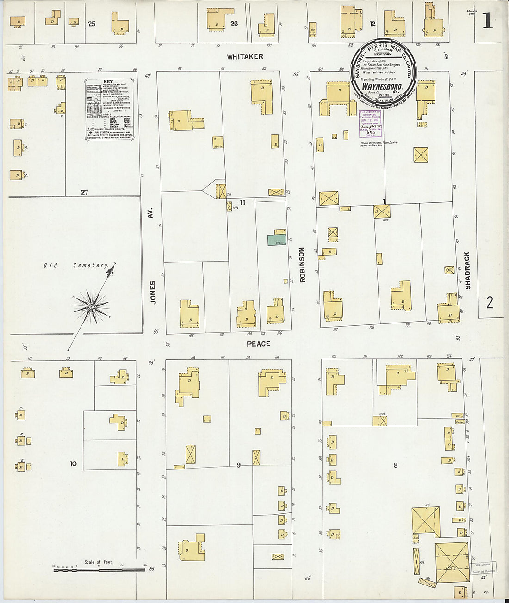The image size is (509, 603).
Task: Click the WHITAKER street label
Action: (x=245, y=56)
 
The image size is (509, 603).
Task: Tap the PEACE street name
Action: (x=258, y=344)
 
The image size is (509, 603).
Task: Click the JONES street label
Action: (x=153, y=292)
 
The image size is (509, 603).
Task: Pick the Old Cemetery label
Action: (x=76, y=266)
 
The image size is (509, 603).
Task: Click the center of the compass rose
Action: (x=92, y=306)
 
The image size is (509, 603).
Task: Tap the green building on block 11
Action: (x=276, y=240)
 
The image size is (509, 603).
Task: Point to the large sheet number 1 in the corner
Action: (x=488, y=21)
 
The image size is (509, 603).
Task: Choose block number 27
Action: (x=84, y=192)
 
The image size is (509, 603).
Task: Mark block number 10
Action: (x=73, y=463)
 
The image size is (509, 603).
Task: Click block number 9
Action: (x=239, y=465)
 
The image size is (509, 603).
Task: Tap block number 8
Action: (x=396, y=465)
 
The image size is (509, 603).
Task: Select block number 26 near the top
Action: (x=234, y=23)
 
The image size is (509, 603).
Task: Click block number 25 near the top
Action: (x=92, y=24)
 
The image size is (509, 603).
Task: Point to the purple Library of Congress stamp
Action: (x=370, y=124)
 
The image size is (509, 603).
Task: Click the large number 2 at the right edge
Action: (x=490, y=303)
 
